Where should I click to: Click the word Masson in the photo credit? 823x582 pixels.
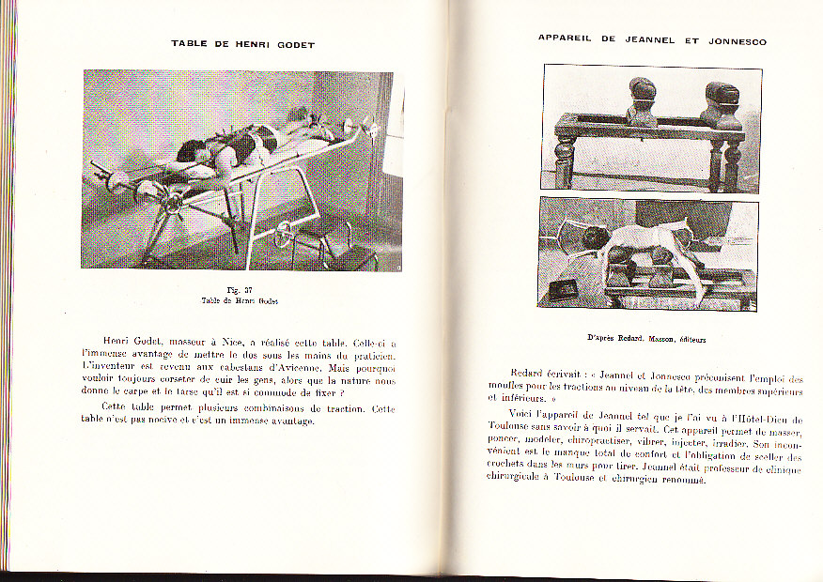[661, 339]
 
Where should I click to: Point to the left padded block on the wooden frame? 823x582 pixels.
[642, 101]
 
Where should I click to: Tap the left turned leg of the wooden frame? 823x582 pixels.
[563, 160]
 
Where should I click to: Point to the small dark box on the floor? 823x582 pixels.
[565, 288]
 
